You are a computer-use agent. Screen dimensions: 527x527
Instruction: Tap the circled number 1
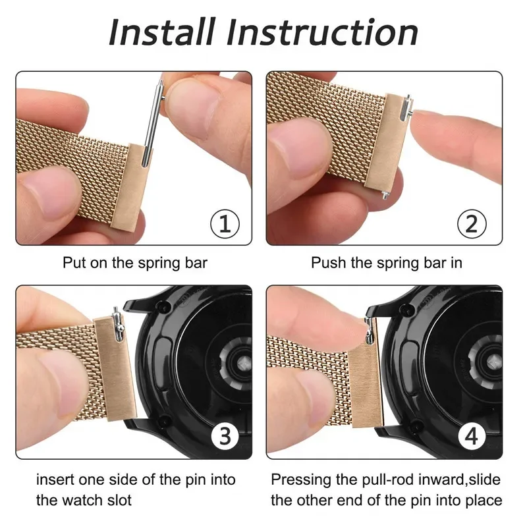[224, 225]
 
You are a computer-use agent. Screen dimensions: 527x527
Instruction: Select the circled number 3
[224, 435]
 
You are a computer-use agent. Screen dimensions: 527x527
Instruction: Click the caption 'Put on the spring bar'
[135, 263]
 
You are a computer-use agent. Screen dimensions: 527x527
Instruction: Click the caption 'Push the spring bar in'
[386, 263]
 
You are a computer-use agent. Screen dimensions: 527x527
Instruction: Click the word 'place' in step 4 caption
[482, 501]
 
